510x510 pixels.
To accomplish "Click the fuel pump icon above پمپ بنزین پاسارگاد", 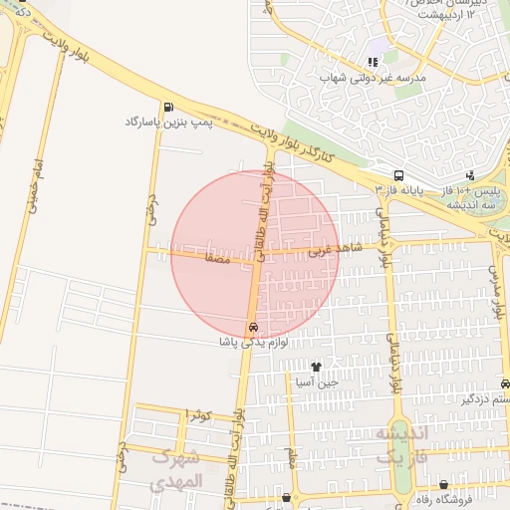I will point(167,108).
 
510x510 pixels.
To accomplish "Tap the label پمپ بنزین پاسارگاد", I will point(163,122).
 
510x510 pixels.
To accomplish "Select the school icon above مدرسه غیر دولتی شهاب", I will point(373,62).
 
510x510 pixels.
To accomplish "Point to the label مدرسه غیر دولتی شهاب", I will point(373,77).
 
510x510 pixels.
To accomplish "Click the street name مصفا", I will point(216,257).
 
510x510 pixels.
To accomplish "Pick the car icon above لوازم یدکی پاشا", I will point(253,328).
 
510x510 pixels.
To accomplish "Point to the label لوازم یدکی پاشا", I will point(254,342).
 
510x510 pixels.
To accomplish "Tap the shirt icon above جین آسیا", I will point(317,368).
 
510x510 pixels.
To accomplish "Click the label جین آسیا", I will point(317,382).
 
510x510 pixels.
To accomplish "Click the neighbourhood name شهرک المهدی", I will point(178,468).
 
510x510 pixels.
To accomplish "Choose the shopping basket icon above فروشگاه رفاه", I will point(443,485).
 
